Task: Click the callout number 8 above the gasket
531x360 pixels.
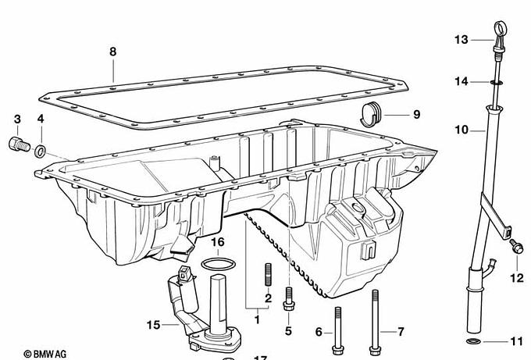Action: (112, 52)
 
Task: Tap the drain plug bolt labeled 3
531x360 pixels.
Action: (20, 145)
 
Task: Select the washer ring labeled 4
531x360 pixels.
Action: (41, 151)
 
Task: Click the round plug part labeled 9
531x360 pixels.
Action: (370, 114)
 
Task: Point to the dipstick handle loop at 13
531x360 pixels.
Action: (501, 27)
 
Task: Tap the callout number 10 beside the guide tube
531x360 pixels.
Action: (462, 130)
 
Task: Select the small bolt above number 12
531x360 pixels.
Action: (516, 247)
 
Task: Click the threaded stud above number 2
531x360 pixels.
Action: (268, 274)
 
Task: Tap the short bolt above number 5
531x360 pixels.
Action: (288, 299)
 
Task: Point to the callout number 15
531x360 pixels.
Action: (153, 325)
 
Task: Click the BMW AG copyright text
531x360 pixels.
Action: (45, 355)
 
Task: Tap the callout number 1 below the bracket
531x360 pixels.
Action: (257, 319)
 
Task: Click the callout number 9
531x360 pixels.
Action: (416, 115)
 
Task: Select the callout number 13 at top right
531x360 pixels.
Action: (462, 40)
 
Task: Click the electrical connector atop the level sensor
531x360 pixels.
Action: (184, 273)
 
